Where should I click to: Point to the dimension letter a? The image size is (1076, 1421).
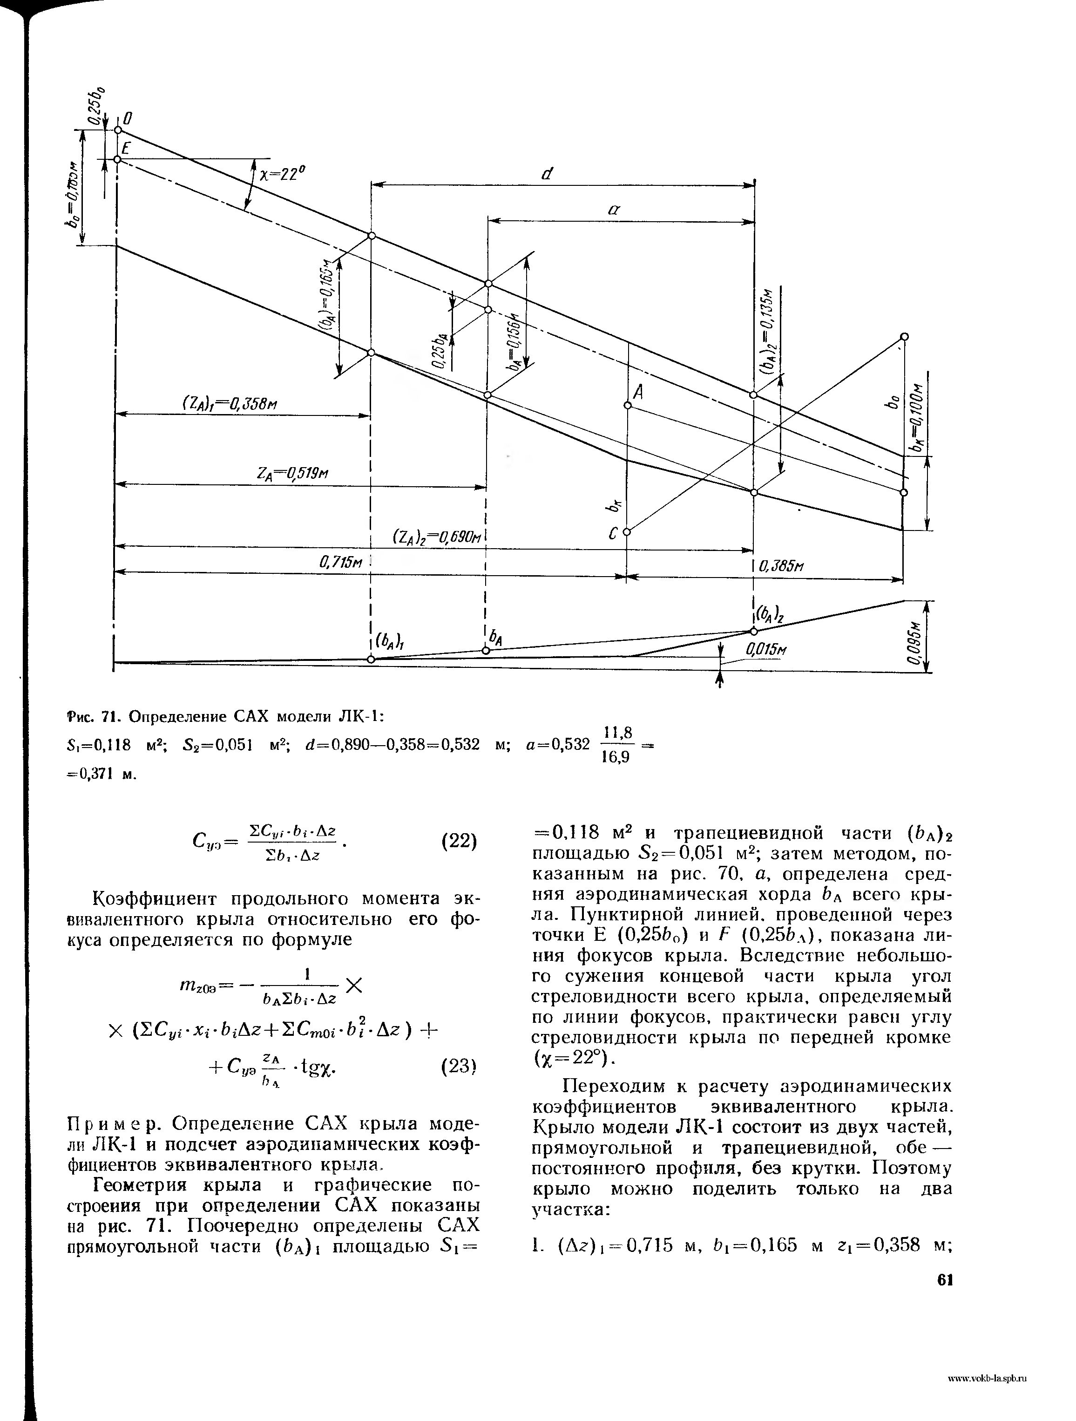[x=613, y=210]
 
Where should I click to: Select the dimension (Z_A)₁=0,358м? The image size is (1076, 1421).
[x=230, y=403]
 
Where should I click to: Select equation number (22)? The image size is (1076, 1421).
[x=459, y=841]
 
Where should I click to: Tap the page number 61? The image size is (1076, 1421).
[x=944, y=1280]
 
